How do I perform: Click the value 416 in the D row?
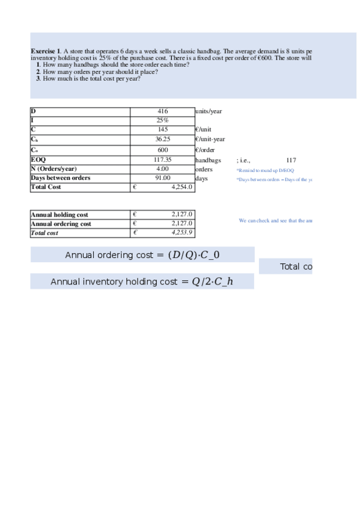pyautogui.click(x=162, y=111)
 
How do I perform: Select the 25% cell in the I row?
pyautogui.click(x=162, y=120)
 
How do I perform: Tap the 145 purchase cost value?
pyautogui.click(x=162, y=129)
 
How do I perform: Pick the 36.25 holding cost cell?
pyautogui.click(x=162, y=139)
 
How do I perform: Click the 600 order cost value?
pyautogui.click(x=162, y=150)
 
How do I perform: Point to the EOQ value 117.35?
pyautogui.click(x=162, y=160)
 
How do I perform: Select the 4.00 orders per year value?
pyautogui.click(x=162, y=169)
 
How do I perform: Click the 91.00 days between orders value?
pyautogui.click(x=162, y=178)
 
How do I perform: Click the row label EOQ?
pyautogui.click(x=38, y=160)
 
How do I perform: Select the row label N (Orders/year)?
pyautogui.click(x=53, y=169)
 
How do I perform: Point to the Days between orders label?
pyautogui.click(x=61, y=178)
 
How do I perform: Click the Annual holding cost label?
pyautogui.click(x=59, y=215)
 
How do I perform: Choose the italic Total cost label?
pyautogui.click(x=44, y=233)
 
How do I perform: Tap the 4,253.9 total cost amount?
pyautogui.click(x=182, y=233)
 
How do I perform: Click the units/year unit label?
pyautogui.click(x=209, y=111)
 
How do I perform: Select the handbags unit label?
pyautogui.click(x=208, y=161)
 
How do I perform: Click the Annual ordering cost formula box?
pyautogui.click(x=142, y=255)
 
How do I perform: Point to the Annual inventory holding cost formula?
pyautogui.click(x=142, y=281)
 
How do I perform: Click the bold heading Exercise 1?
pyautogui.click(x=45, y=52)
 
